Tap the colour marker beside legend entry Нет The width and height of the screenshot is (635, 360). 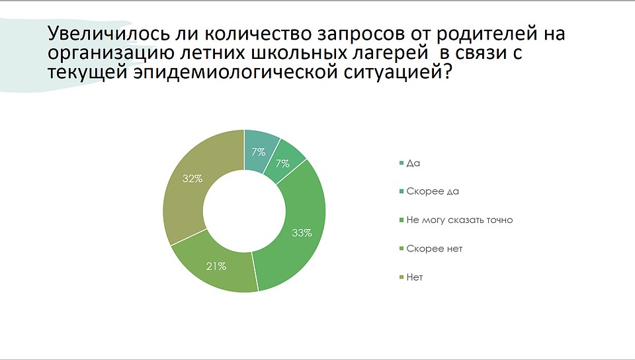pos(402,277)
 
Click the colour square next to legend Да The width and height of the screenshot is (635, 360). pos(402,163)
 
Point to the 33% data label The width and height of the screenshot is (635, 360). pos(302,233)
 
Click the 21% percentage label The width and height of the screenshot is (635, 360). pos(216,266)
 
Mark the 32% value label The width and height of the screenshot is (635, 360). pos(192,179)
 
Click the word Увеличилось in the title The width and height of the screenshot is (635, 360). pos(108,34)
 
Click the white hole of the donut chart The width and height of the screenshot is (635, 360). pos(244,211)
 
